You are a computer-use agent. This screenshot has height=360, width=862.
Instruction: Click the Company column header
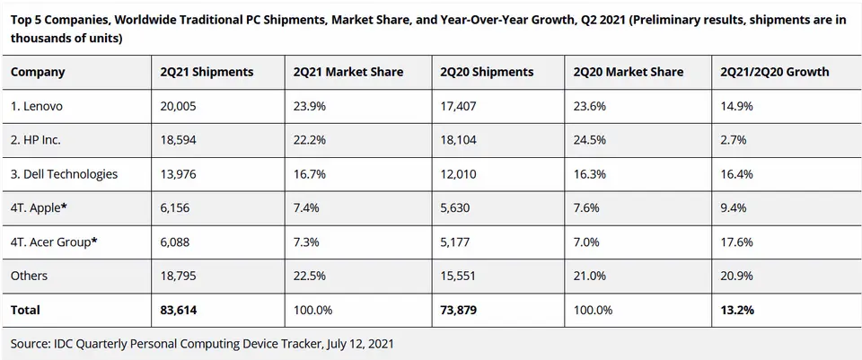click(x=38, y=72)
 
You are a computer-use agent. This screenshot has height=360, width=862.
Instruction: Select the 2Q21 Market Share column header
click(x=349, y=72)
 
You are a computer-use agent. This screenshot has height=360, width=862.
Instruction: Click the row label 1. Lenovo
click(x=37, y=106)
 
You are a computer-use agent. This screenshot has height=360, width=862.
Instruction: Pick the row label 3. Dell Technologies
click(x=64, y=173)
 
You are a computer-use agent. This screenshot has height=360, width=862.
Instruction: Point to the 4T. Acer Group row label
click(x=54, y=241)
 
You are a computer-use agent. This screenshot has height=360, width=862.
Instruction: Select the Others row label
click(x=29, y=276)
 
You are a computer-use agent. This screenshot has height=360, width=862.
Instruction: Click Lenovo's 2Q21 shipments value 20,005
click(x=179, y=106)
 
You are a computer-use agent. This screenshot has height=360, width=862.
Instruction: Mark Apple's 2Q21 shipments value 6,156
click(x=174, y=208)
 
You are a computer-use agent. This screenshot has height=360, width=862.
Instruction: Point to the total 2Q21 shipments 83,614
click(x=179, y=310)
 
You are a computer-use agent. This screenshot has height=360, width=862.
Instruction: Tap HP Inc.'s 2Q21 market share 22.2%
click(x=309, y=140)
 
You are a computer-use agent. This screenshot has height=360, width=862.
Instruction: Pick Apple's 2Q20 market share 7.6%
click(x=585, y=208)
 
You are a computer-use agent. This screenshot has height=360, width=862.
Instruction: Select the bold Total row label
click(x=25, y=310)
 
